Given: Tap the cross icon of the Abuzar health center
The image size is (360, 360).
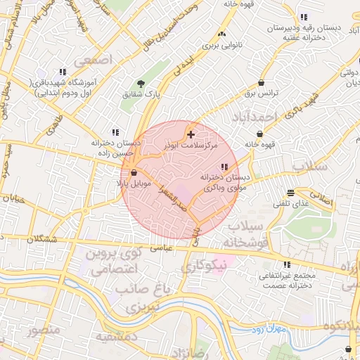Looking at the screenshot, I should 191,133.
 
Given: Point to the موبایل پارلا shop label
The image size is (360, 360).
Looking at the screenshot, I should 134,183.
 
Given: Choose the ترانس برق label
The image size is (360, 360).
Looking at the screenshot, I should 266,93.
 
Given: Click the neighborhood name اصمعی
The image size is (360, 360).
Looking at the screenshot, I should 97,61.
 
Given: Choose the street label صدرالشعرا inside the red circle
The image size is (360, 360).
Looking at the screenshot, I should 171,195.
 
